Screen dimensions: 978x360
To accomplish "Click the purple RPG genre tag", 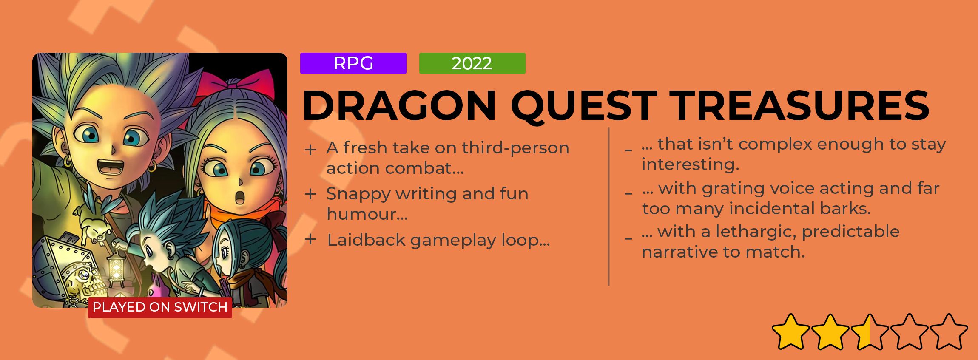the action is pos(353,63).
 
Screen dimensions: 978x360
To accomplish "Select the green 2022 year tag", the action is pos(472,63).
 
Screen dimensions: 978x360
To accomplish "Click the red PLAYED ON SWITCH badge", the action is pos(160,307).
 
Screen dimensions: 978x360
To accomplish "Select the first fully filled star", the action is pos(790,332).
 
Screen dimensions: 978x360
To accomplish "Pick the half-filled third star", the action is pos(870,332).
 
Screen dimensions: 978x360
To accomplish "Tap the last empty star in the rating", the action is pos(949,332).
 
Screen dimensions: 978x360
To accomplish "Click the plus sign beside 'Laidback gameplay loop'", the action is pos(311,239).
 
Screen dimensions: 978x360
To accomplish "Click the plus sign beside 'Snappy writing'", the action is pos(311,194).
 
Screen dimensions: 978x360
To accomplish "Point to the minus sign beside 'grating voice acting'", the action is pos(628,193).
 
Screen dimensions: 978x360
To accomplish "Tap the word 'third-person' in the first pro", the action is pos(515,148).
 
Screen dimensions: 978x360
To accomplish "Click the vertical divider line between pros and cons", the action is pos(609,207).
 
